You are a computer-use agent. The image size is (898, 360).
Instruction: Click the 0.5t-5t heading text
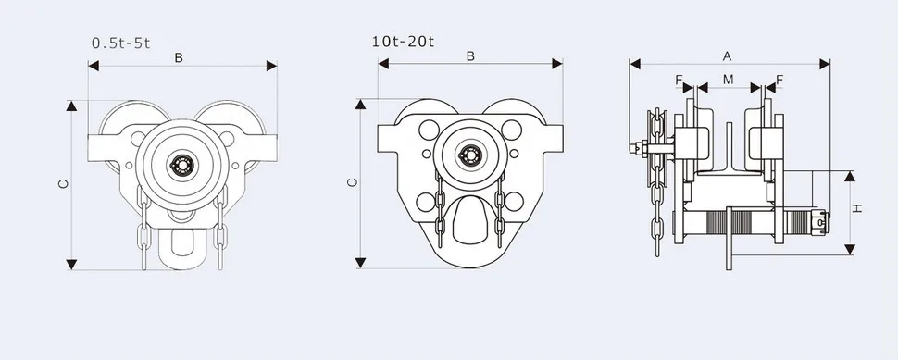[x=121, y=43]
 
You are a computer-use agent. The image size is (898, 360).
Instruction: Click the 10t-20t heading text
[x=404, y=42]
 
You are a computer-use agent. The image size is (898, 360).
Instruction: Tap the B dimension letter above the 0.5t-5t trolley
[x=179, y=57]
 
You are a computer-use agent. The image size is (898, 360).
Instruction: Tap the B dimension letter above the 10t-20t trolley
[x=470, y=56]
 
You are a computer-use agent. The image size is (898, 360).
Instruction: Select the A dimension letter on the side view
[x=728, y=56]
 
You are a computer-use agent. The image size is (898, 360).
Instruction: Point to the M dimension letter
[x=728, y=80]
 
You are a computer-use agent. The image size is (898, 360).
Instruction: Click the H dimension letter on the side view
[x=857, y=209]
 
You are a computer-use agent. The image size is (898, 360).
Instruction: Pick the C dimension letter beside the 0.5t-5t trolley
[x=64, y=184]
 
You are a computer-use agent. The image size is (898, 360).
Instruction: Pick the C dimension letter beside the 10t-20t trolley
[x=354, y=182]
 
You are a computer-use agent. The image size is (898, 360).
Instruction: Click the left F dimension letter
[x=679, y=80]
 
